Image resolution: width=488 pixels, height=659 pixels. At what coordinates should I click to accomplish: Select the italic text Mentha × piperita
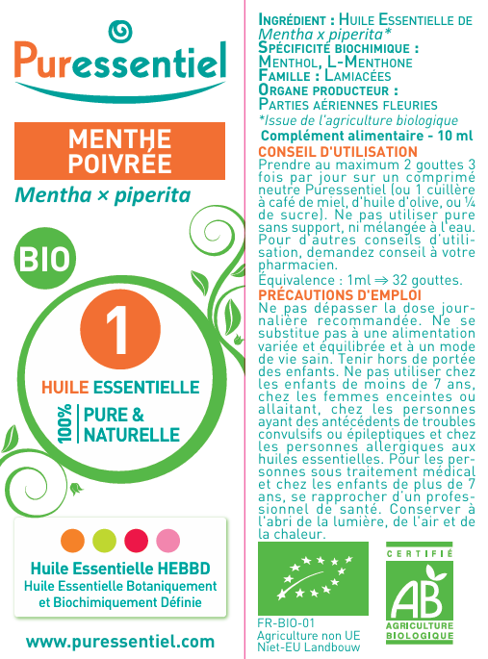(x=102, y=195)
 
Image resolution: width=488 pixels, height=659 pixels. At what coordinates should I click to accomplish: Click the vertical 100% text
(x=64, y=424)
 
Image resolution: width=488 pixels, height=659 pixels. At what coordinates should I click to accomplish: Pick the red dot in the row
(x=136, y=539)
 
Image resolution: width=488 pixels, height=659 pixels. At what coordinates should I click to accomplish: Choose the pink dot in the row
(x=167, y=539)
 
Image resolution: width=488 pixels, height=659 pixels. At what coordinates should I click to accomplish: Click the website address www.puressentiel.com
(x=120, y=640)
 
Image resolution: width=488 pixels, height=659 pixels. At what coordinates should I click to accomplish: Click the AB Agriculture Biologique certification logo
(x=420, y=596)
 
